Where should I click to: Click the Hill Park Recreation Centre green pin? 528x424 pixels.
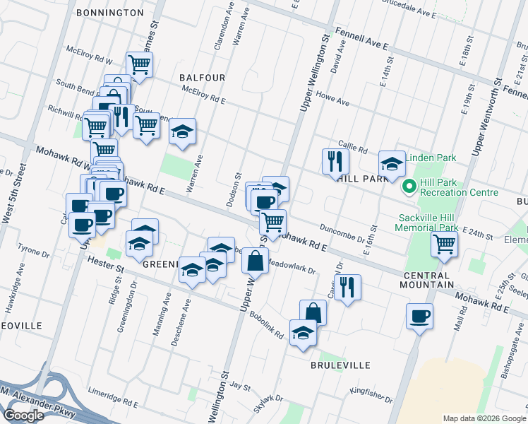coord(408,187)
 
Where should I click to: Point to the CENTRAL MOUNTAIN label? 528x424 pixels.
coord(428,279)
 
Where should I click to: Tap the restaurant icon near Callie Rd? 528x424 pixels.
coord(335,162)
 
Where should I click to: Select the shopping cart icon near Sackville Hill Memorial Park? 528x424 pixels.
coord(444,245)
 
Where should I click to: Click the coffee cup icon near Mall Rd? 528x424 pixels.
coord(420,315)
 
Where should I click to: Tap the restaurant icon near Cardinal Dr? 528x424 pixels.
coord(347,287)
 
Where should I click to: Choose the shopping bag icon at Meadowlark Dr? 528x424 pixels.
coord(255,260)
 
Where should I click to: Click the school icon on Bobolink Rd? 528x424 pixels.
coord(303,333)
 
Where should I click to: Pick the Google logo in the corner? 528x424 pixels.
coord(24,416)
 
